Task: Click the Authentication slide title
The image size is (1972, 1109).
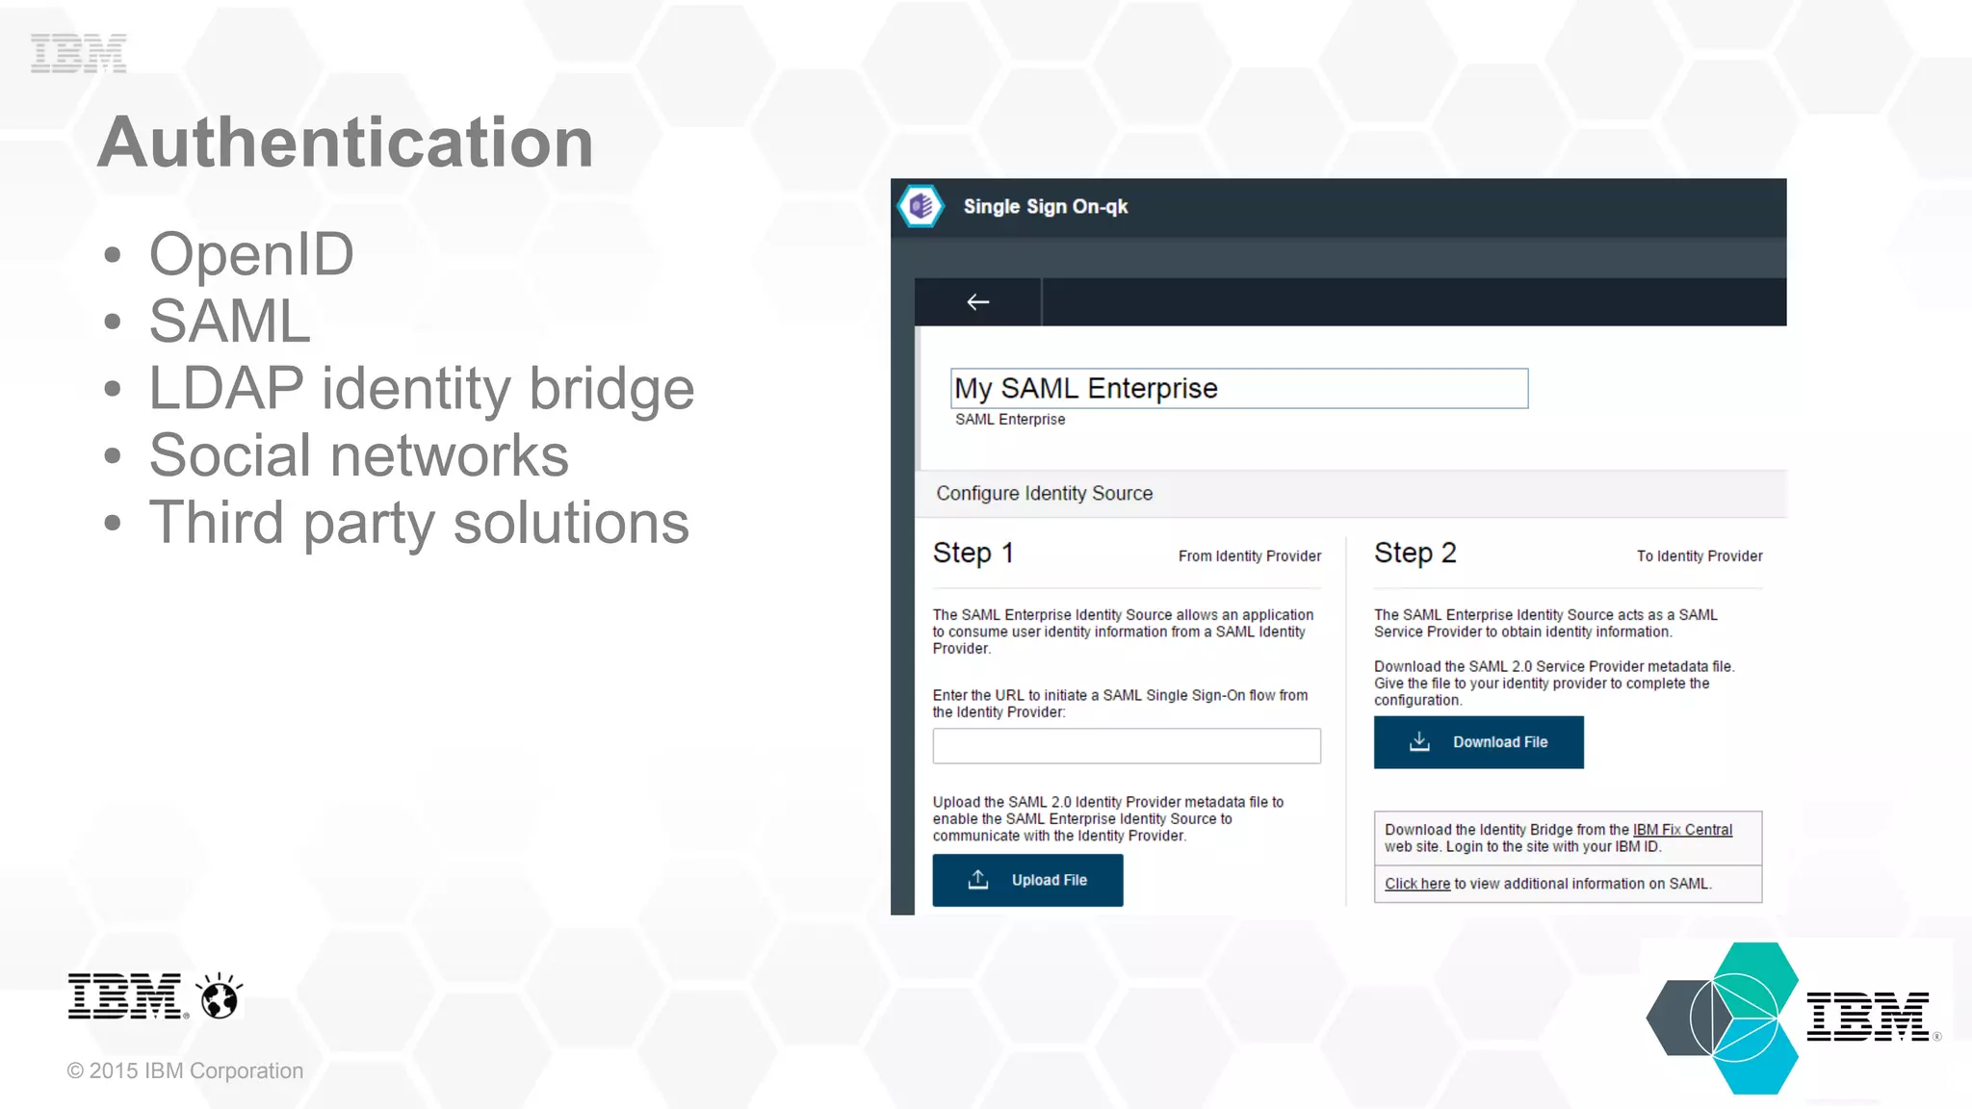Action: [345, 142]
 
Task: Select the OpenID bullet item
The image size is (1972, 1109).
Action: [251, 255]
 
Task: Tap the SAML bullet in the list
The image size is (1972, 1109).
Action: [229, 322]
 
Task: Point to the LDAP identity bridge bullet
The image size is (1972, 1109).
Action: [421, 389]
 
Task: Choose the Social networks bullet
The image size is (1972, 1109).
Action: [358, 455]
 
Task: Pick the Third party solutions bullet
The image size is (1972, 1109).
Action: [419, 523]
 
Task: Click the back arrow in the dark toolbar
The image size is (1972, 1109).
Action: [977, 302]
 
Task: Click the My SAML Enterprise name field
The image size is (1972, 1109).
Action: [1238, 389]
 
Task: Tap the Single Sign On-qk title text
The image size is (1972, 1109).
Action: [1045, 207]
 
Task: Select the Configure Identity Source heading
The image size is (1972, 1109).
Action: [1044, 494]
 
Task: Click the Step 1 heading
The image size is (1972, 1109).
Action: [973, 554]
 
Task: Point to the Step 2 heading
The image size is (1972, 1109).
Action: [1414, 554]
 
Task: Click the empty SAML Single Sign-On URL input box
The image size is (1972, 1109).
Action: [1126, 746]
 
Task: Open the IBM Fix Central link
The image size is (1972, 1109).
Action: [1682, 830]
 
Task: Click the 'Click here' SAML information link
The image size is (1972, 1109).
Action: [1416, 884]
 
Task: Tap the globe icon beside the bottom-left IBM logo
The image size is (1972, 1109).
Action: [220, 996]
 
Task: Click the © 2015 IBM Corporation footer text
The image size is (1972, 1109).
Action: [185, 1071]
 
